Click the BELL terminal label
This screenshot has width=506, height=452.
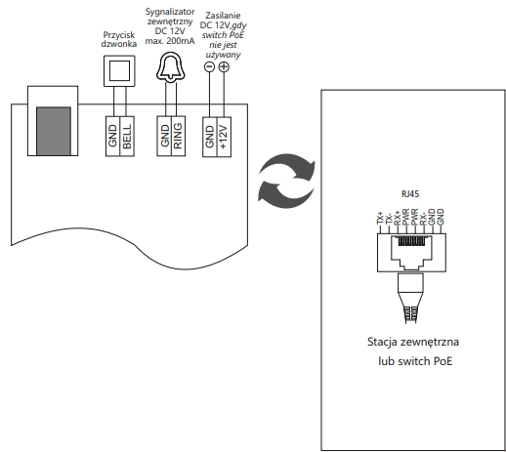pos(127,137)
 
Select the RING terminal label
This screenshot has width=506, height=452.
pos(178,137)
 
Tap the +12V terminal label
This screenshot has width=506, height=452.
pos(224,137)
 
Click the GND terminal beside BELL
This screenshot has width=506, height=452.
pos(112,136)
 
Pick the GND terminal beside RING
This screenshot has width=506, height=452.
pos(164,136)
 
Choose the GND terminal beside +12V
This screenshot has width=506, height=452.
pos(210,137)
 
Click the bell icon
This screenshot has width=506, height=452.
pos(171,66)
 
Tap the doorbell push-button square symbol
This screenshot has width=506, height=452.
pos(119,71)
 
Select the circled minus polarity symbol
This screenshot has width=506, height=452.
pos(209,66)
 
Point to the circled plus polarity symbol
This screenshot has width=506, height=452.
pos(224,66)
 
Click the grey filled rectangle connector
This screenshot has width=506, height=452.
pos(54,131)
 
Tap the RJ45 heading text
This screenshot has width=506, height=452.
pos(410,194)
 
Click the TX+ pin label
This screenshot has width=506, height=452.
pos(380,218)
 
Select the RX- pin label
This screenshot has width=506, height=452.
pos(423,219)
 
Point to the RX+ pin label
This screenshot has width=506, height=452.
pos(398,218)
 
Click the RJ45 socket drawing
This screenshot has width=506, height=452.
pos(411,253)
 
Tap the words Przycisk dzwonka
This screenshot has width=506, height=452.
pos(119,39)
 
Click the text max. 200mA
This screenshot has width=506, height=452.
pos(170,41)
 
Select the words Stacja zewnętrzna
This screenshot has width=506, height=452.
pos(413,342)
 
